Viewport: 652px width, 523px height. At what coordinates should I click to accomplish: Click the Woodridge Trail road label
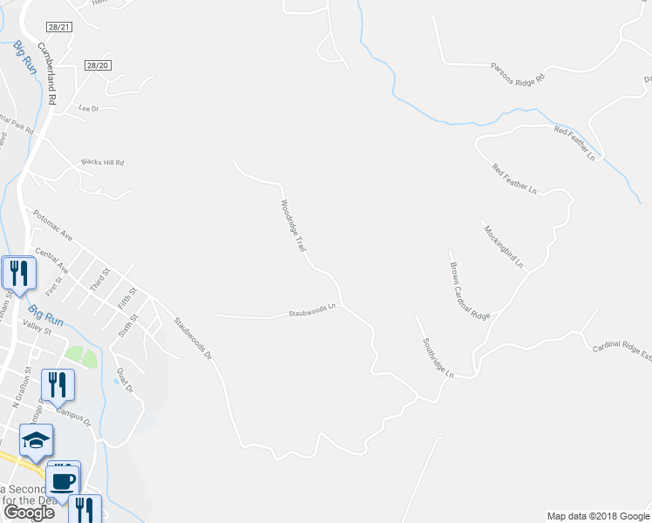point(293,227)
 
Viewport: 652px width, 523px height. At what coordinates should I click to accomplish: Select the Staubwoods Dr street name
point(193,339)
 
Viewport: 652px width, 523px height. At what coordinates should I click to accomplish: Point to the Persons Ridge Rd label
point(517,72)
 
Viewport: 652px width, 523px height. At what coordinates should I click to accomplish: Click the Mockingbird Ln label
point(503,245)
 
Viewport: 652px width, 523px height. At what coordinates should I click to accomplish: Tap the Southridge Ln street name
point(438,357)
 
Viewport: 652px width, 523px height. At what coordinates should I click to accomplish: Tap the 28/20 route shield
point(98,65)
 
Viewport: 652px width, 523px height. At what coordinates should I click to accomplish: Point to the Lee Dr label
point(89,109)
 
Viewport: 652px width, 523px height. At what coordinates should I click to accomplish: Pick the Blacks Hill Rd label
point(103,162)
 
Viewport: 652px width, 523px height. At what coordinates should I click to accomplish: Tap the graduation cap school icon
point(37,441)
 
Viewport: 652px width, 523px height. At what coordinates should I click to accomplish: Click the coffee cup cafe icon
point(63,479)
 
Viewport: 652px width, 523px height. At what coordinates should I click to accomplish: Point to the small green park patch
point(80,357)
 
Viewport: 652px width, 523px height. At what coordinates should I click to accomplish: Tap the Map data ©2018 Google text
point(597,516)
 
